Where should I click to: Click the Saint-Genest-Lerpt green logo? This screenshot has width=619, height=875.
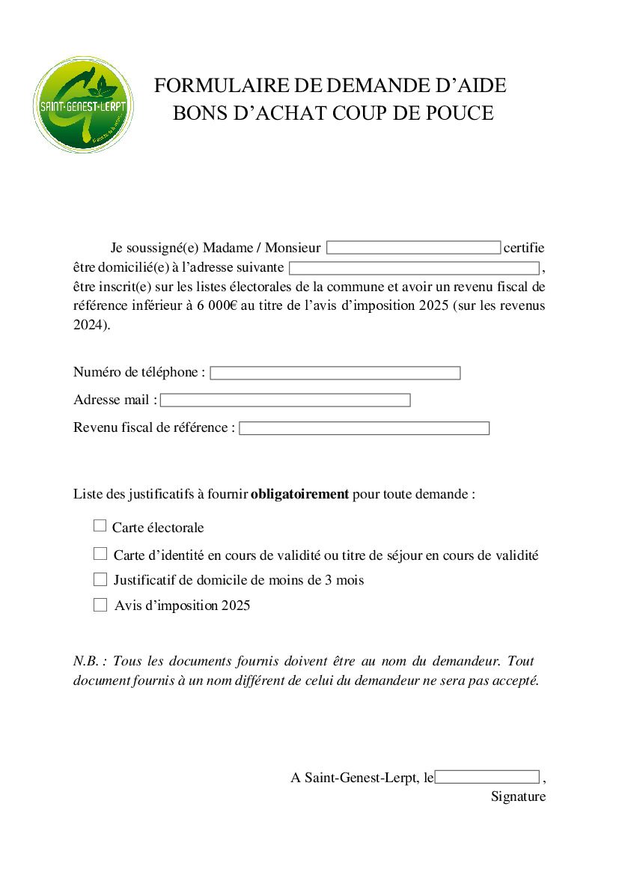[x=83, y=105]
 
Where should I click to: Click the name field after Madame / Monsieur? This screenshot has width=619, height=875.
[x=413, y=248]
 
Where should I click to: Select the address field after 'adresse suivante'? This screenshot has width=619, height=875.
[x=414, y=268]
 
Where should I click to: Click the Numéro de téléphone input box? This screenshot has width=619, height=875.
[x=335, y=373]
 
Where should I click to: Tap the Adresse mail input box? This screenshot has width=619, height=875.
[x=285, y=400]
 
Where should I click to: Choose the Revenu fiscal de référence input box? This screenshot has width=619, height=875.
[x=364, y=428]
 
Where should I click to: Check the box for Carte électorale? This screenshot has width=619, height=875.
[x=100, y=526]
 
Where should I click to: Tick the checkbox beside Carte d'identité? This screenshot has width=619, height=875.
[x=100, y=554]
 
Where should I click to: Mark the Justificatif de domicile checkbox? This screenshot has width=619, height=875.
[x=100, y=579]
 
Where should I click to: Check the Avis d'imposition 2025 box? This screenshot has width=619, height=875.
[x=100, y=605]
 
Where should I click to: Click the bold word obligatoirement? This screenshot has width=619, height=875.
[x=299, y=494]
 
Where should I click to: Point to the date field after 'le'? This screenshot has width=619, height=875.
[x=487, y=777]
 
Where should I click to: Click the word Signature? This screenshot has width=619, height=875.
[x=518, y=796]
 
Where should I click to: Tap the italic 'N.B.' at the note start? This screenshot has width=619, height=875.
[x=87, y=662]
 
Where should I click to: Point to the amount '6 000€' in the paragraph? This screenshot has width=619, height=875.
[x=217, y=306]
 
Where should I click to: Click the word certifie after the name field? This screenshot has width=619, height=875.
[x=524, y=248]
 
